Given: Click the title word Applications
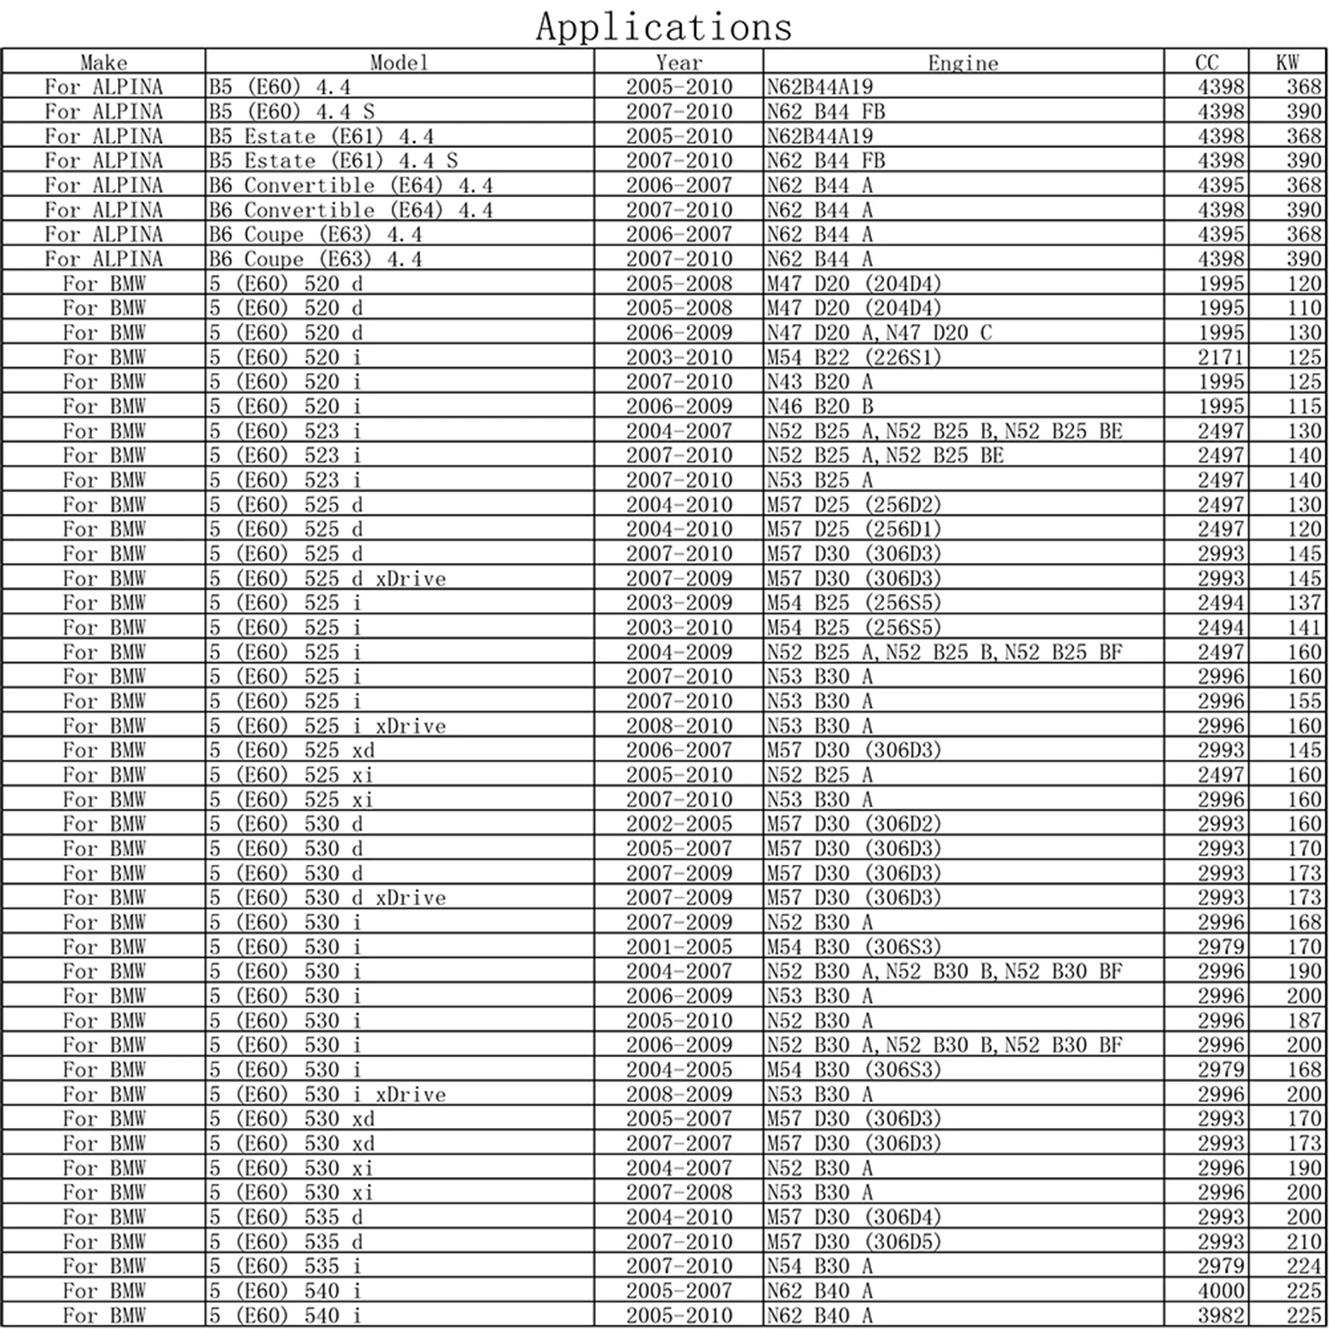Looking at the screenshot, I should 664,27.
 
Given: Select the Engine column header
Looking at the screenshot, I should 963,63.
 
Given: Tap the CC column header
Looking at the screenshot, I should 1206,63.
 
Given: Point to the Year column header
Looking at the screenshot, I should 679,63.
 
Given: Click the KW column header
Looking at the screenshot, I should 1287,63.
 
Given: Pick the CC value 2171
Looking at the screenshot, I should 1220,357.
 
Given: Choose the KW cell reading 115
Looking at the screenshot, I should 1304,406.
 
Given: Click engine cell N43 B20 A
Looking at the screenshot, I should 820,382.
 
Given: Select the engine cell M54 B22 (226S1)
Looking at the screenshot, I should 854,357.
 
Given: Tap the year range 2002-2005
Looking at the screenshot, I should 679,824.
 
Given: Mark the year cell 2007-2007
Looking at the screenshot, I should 679,1143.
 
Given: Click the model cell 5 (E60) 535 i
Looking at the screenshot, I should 285,1266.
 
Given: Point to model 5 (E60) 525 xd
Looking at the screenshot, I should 292,750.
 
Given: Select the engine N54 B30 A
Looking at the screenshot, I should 820,1266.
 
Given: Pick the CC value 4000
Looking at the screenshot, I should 1220,1291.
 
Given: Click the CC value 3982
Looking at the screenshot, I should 1220,1315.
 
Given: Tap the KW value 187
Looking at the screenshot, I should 1304,1020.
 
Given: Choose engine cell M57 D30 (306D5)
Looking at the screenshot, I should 854,1242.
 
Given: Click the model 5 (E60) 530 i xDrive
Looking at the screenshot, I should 327,1094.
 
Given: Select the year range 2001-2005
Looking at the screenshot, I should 679,947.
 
